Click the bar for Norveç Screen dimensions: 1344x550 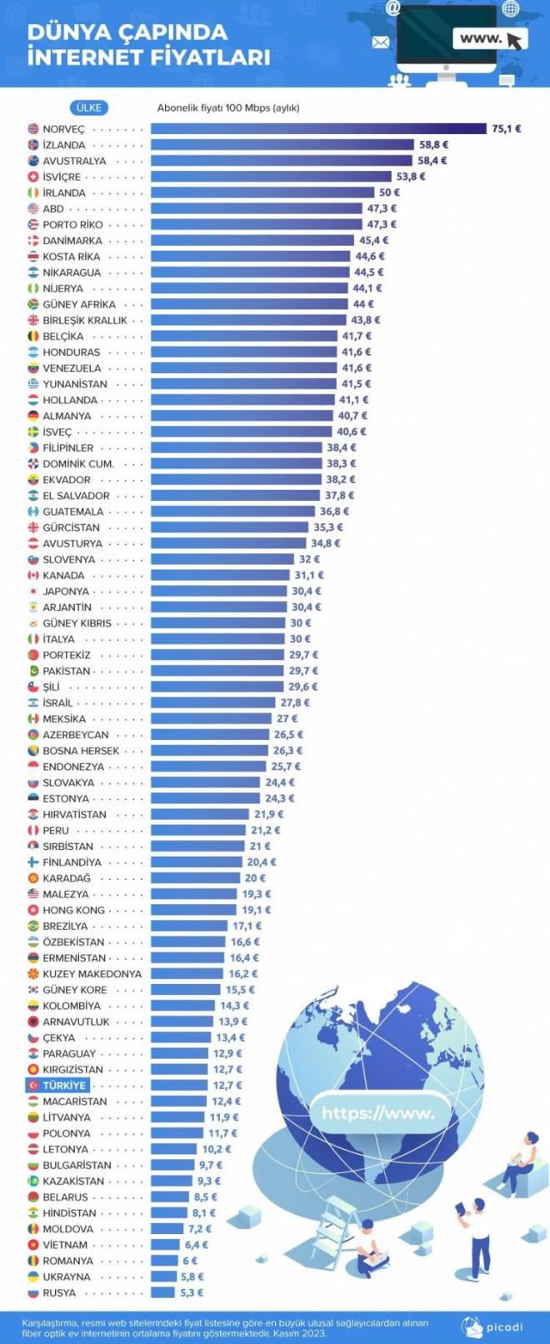[x=317, y=129]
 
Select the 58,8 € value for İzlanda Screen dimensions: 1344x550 [x=433, y=145]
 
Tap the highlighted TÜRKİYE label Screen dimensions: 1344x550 [x=64, y=1086]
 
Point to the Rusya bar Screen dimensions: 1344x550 [x=162, y=1293]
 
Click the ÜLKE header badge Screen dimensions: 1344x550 [x=88, y=107]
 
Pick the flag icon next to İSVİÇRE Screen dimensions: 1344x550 [x=33, y=177]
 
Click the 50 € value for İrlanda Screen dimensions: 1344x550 [x=389, y=192]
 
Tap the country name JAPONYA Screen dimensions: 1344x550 [x=66, y=592]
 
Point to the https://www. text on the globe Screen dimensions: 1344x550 [x=377, y=1113]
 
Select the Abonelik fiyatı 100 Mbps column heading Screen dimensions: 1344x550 [x=227, y=107]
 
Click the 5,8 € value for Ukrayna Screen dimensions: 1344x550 [x=192, y=1277]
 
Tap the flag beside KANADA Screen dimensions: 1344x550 [x=33, y=576]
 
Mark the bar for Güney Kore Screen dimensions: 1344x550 [x=185, y=990]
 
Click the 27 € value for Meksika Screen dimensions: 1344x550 [x=287, y=719]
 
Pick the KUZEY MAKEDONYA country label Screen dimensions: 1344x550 [x=92, y=974]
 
